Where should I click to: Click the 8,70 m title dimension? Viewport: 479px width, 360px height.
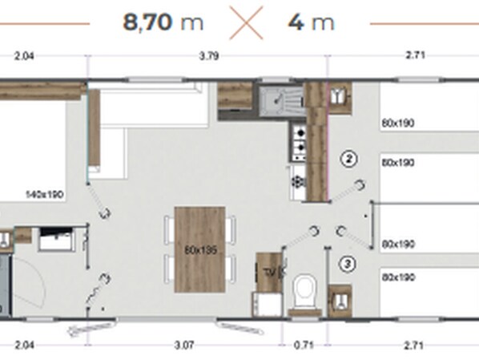[163, 22]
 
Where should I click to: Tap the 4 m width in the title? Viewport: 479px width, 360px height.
[312, 22]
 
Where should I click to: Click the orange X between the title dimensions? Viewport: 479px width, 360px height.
[246, 23]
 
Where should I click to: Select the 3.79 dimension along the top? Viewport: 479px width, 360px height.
[209, 56]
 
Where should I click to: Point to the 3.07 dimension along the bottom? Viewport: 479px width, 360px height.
[184, 346]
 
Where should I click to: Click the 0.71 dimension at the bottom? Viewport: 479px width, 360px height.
[304, 346]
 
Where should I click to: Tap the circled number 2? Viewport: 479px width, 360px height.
[349, 159]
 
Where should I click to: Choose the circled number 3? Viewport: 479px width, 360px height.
[348, 264]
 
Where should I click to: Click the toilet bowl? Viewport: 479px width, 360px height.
[304, 290]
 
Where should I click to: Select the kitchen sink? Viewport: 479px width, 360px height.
[281, 100]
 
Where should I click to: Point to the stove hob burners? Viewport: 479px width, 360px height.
[299, 141]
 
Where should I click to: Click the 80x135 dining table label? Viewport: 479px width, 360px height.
[201, 250]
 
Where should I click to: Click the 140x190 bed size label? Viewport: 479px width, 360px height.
[45, 194]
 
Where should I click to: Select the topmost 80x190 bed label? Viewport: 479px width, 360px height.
[398, 123]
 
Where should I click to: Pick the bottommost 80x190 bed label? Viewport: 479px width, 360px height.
[398, 277]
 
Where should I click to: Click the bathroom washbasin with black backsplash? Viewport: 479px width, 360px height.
[57, 239]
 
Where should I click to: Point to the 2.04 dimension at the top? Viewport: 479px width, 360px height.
[24, 56]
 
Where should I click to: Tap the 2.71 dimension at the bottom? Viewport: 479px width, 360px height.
[413, 346]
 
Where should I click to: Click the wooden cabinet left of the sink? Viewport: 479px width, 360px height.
[235, 95]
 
